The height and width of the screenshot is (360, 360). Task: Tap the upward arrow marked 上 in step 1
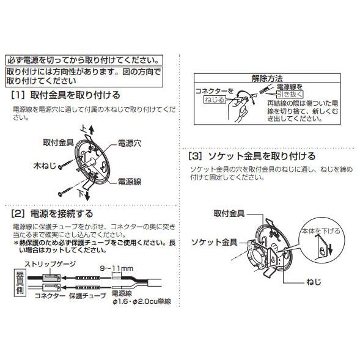pyautogui.click(x=92, y=129)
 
